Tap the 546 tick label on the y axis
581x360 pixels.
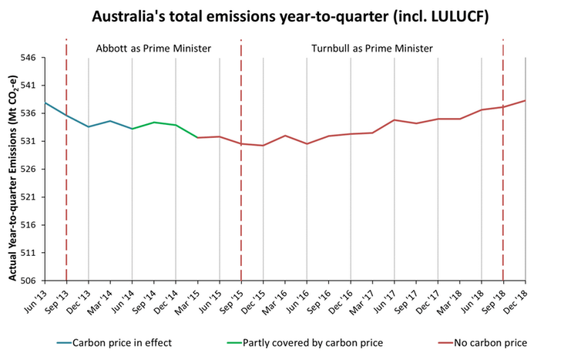[32, 58]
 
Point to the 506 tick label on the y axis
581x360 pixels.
[32, 281]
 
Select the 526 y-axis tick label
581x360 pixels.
[32, 170]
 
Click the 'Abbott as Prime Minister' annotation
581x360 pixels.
[153, 48]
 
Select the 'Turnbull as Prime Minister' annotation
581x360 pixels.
[371, 48]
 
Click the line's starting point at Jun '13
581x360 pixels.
[45, 103]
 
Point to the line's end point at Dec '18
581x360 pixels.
[526, 100]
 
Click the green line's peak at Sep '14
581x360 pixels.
[154, 122]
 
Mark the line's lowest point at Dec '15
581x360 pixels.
[264, 145]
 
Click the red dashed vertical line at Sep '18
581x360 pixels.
[504, 193]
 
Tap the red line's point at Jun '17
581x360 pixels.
[395, 119]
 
